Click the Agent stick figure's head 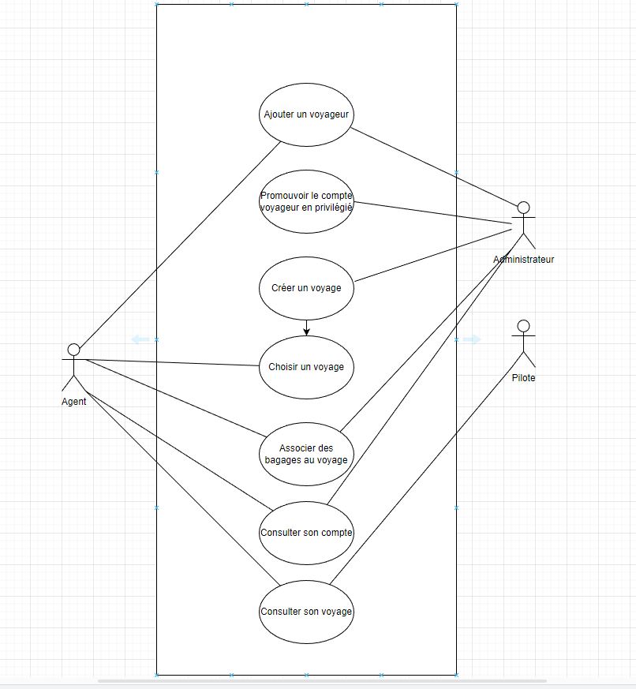coord(74,349)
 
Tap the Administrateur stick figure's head coord(522,208)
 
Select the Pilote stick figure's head coord(522,325)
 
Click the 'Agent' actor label coord(74,401)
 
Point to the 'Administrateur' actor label coord(524,260)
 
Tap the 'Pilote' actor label coord(523,378)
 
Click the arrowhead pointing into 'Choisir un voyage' coord(306,331)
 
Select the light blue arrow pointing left coord(140,339)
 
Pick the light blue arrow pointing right coord(471,339)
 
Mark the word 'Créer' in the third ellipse coord(283,288)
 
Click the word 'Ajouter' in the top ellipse coord(279,114)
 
